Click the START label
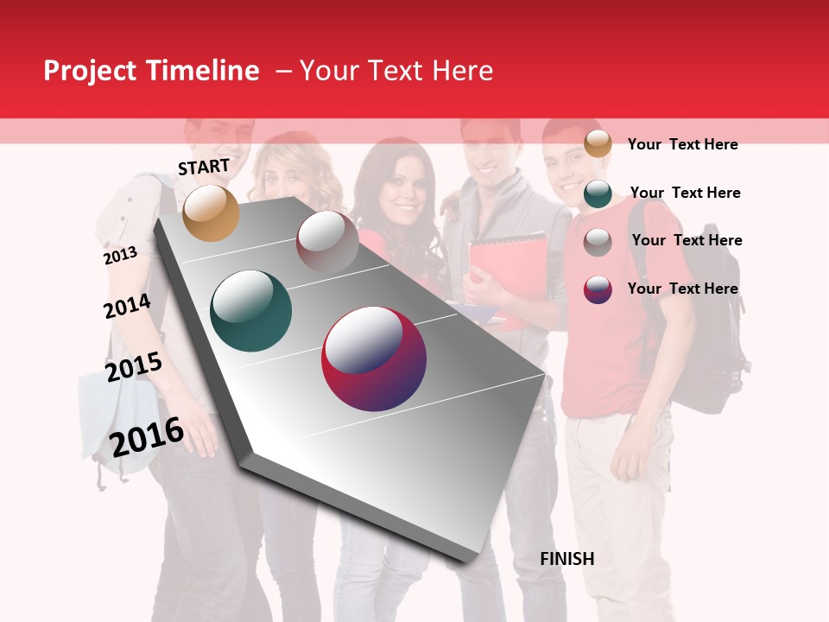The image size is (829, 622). pos(204,167)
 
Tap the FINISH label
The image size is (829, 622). pos(566,559)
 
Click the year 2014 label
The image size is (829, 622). pos(127,306)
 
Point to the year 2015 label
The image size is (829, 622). pos(134,366)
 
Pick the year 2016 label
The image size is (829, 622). pos(147,436)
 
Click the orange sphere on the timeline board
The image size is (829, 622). pos(211,213)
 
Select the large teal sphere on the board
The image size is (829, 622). pos(250,311)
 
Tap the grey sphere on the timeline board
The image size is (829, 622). pos(327,241)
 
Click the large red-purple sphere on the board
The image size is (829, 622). pos(374,359)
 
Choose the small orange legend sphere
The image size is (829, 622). pos(598,144)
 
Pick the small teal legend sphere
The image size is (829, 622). pos(598,194)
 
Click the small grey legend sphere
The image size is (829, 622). pos(598,242)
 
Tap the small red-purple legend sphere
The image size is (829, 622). pos(598,289)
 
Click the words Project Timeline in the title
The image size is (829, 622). pos(151,71)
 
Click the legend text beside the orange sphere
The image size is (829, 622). pos(682,144)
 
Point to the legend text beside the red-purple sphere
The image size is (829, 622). pos(682,289)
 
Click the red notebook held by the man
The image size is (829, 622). pos(509,268)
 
